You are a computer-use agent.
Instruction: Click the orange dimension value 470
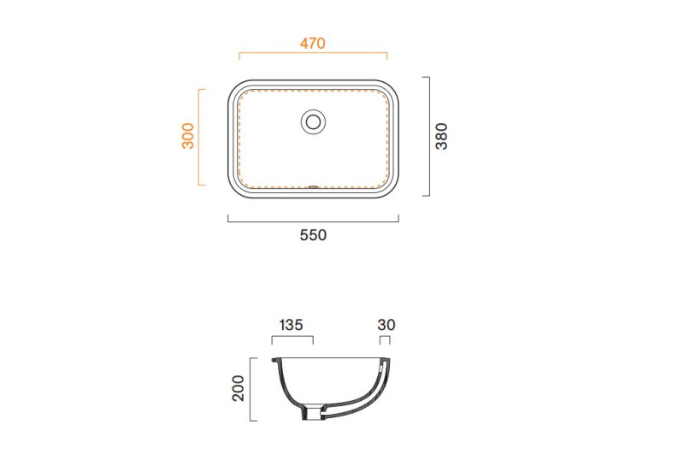312,44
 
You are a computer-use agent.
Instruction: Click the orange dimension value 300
188,136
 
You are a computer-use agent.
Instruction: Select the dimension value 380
441,136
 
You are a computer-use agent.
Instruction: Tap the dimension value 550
313,235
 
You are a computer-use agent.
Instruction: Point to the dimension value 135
291,325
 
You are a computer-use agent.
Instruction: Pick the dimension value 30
386,325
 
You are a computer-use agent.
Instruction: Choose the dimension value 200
239,388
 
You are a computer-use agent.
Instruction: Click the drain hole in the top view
313,121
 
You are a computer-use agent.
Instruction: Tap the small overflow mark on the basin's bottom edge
313,187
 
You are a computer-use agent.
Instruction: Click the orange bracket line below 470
313,53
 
